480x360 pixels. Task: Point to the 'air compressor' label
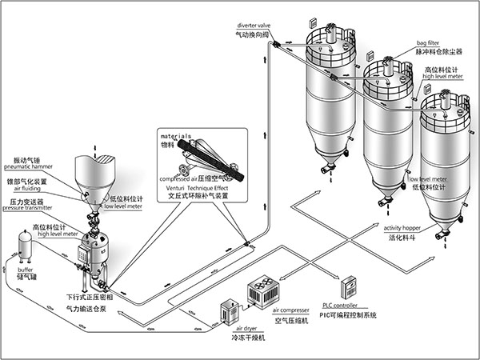(x=291, y=310)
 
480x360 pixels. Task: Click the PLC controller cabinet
(x=348, y=287)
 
